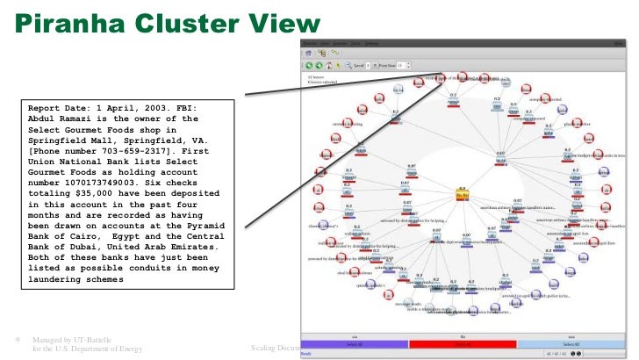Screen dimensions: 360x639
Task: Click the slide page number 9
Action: [x=18, y=340]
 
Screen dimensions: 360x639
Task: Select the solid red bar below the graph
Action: [x=463, y=345]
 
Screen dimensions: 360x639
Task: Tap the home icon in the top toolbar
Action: [x=336, y=63]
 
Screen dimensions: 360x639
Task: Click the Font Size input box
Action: [x=402, y=64]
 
